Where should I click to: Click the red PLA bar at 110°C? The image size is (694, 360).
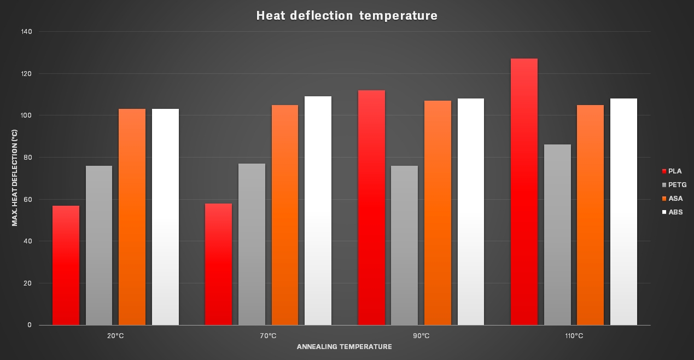pos(524,191)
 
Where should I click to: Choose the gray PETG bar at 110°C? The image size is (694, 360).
pos(557,235)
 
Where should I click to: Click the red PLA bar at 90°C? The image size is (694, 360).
pos(371,207)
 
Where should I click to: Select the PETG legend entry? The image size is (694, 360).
pos(674,185)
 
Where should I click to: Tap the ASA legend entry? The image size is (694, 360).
pos(672,199)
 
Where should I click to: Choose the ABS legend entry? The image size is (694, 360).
pos(672,212)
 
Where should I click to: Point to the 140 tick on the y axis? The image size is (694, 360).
pos(27,32)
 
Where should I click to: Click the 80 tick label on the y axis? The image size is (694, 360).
pos(28,158)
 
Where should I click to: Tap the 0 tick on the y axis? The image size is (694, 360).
pos(30,325)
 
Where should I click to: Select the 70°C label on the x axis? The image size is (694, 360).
pos(268,336)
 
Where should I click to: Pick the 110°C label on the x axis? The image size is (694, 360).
pos(574,336)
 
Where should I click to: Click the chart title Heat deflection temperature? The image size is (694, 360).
pos(347,16)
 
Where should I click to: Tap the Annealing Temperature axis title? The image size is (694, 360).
pos(345,347)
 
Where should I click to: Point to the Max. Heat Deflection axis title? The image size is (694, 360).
pos(15,178)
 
